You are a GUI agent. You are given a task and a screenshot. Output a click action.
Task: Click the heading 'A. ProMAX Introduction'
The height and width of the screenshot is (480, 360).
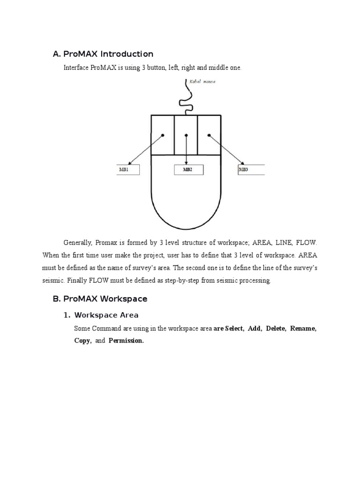[x=103, y=54]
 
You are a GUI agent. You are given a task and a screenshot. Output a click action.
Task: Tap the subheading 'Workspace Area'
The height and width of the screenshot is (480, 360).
[x=106, y=315]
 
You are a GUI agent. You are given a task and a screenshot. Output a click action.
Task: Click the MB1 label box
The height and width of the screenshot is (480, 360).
[x=127, y=170]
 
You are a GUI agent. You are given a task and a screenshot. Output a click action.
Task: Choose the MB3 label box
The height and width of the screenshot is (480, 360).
[x=251, y=170]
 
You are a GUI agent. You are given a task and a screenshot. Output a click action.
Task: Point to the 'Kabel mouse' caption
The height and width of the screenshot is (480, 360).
[x=202, y=82]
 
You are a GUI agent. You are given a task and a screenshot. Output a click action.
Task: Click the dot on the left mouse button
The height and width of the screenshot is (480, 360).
[x=163, y=135]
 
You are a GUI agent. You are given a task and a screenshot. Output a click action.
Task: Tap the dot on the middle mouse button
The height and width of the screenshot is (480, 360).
[x=186, y=135]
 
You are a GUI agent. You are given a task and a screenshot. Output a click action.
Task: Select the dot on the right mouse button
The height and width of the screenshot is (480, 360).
[x=209, y=135]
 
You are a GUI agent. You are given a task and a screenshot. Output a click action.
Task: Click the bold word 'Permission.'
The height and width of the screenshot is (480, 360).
[x=126, y=341]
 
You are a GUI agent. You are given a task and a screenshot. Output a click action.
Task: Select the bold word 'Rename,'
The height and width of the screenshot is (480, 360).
[x=303, y=329]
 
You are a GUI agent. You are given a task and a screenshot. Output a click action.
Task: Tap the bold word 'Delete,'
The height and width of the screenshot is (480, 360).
[x=276, y=329]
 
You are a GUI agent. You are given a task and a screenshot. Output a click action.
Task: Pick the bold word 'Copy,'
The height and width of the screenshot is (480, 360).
[x=82, y=341]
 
